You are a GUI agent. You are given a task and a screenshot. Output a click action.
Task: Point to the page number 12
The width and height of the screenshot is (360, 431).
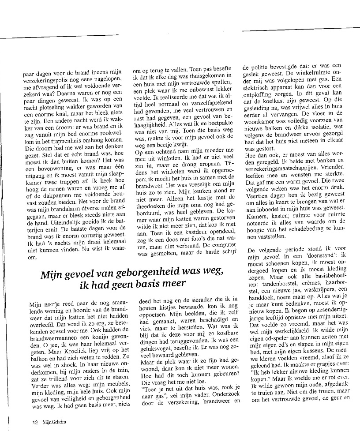(x=35, y=421)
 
